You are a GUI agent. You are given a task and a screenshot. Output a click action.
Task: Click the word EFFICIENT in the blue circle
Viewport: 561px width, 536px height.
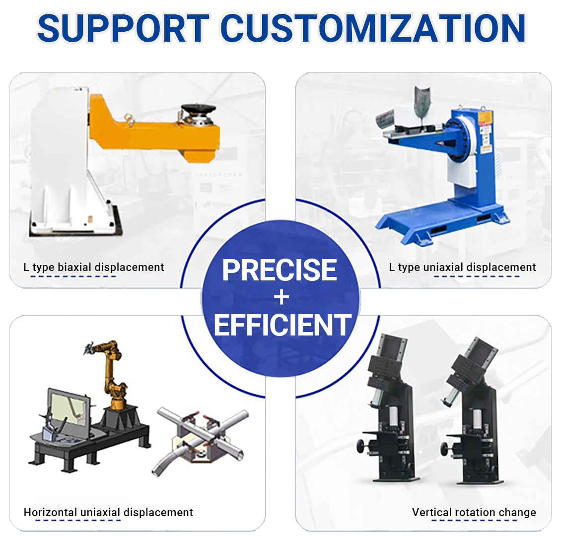click(282, 325)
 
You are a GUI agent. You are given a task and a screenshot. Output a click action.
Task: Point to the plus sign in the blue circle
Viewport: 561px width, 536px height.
click(281, 297)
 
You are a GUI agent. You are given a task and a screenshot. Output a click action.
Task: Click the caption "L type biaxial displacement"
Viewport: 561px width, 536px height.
click(94, 267)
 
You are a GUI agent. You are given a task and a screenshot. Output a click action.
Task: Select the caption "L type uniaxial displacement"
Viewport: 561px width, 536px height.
click(462, 267)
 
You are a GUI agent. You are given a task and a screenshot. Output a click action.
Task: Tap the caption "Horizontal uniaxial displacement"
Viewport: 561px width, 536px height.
click(108, 512)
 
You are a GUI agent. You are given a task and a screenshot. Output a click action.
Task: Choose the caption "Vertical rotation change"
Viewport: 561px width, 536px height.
click(474, 512)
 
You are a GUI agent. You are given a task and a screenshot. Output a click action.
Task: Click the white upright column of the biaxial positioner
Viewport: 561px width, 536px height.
click(61, 157)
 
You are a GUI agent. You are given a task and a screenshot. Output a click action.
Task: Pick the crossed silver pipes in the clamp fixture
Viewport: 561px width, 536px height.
click(201, 439)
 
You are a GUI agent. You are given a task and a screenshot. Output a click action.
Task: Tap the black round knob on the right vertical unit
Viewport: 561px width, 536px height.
click(445, 448)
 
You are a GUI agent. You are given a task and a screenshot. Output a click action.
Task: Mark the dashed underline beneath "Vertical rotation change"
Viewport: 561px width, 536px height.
click(474, 520)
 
